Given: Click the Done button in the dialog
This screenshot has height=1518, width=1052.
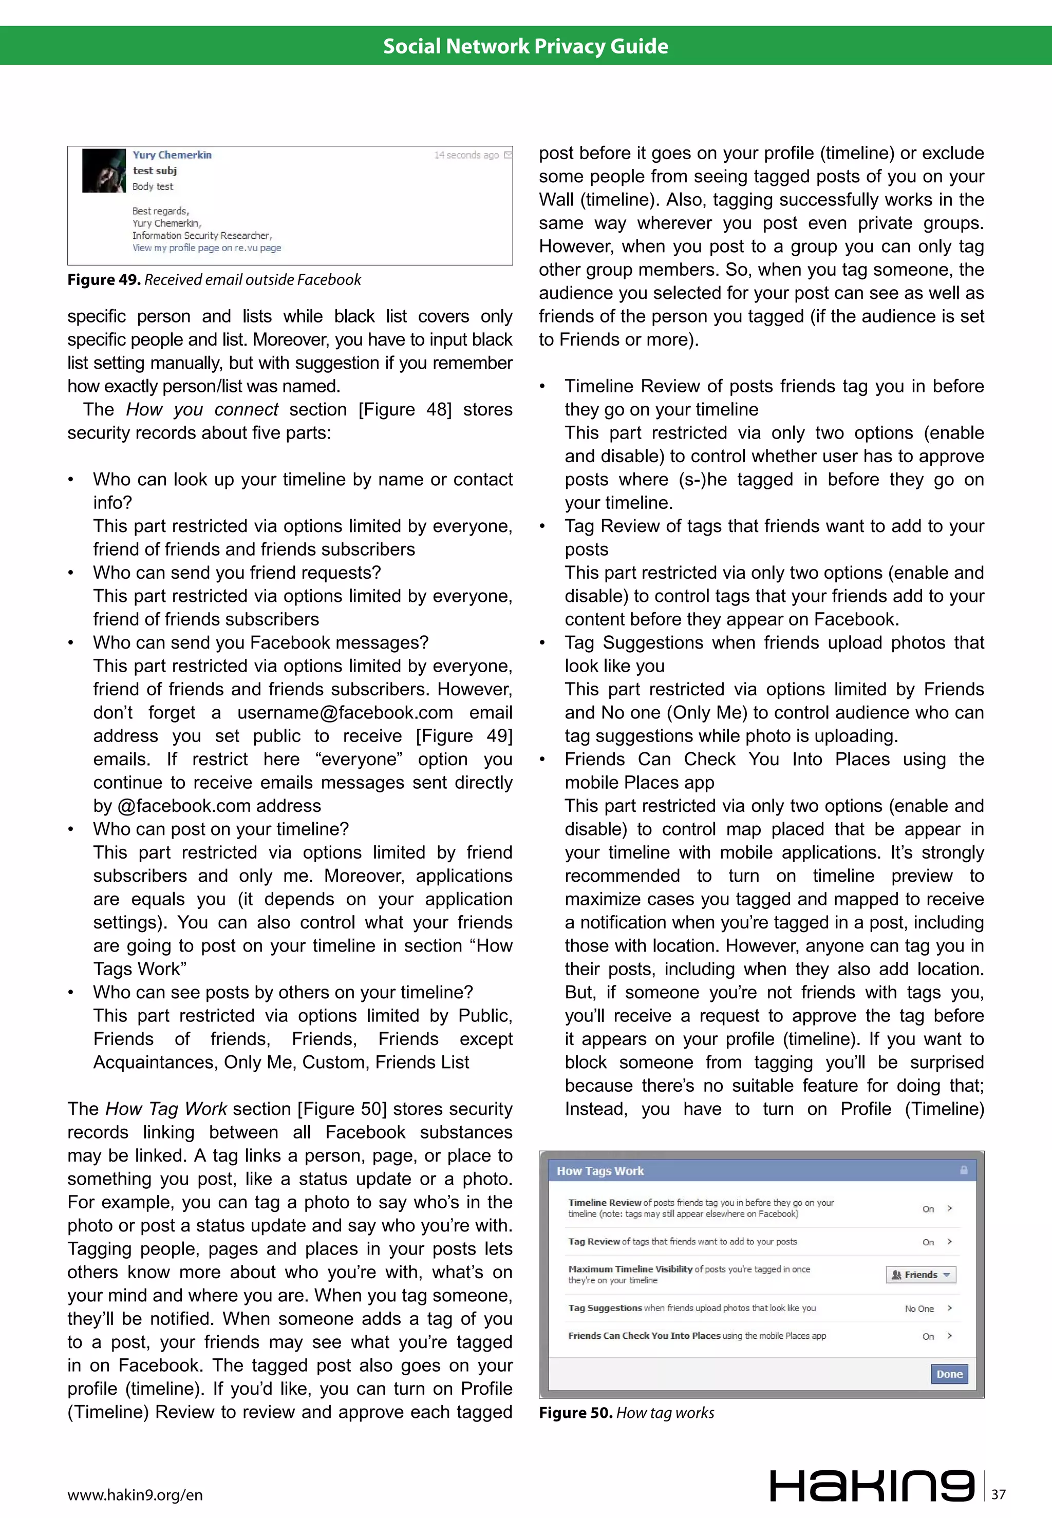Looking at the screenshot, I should coord(949,1374).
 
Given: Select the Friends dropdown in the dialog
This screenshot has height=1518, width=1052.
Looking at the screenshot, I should coord(920,1274).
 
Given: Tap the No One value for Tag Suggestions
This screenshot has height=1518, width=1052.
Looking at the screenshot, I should coord(919,1308).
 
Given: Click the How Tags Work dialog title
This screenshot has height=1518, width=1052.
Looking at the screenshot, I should coord(600,1171).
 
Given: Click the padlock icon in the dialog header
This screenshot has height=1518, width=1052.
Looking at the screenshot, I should coord(964,1170).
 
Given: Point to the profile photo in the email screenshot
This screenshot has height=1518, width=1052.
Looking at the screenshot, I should coord(103,170).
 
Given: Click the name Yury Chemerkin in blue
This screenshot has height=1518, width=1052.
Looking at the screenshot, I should coord(172,155).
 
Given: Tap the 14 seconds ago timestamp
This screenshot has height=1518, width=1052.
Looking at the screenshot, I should coord(466,156).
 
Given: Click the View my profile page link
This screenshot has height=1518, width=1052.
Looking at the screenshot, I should coord(206,248).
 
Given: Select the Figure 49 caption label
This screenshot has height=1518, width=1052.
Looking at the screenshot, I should coord(103,280).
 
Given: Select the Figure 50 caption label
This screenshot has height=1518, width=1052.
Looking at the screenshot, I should coord(575,1413).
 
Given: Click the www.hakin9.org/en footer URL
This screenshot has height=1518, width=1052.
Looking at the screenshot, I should coord(135,1495).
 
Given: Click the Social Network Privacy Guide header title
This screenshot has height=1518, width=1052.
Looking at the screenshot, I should coord(525,46).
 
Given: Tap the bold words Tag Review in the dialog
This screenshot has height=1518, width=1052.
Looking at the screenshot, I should coord(593,1241).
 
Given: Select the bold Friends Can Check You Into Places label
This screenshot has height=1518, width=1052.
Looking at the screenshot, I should coord(644,1336).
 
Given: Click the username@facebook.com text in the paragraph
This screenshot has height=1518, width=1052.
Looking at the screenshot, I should coord(345,713).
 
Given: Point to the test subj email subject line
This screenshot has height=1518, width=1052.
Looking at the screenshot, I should coord(155,170).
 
